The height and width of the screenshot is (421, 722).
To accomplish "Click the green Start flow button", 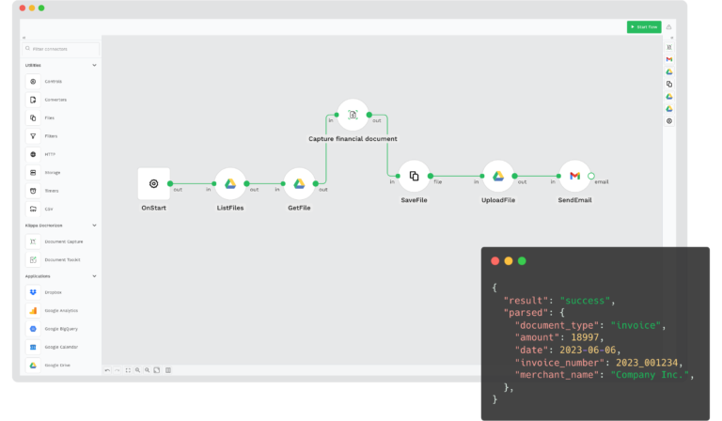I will click(644, 26).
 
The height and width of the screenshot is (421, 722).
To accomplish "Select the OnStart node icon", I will click(154, 184).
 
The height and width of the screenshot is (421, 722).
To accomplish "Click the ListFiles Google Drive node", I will click(230, 184).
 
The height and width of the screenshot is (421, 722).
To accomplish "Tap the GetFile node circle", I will click(299, 184).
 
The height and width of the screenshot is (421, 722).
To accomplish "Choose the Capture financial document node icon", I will click(353, 116).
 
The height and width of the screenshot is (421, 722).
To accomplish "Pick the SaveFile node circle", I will click(414, 176).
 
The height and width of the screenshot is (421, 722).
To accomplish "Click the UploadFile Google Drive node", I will click(498, 176).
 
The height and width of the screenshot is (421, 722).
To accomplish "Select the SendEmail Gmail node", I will click(574, 176).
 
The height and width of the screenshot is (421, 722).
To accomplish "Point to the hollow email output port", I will click(591, 176).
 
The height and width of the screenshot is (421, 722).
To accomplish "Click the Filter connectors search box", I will click(60, 48).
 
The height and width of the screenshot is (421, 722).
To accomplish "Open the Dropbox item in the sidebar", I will click(52, 292).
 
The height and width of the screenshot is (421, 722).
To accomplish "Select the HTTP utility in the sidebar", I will click(50, 154).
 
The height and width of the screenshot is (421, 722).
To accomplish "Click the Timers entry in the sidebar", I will click(51, 190).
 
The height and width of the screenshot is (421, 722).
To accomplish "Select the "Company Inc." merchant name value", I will click(650, 374).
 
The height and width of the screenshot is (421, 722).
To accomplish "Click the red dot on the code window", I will click(494, 260).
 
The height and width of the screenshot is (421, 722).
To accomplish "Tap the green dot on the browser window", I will click(41, 8).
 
